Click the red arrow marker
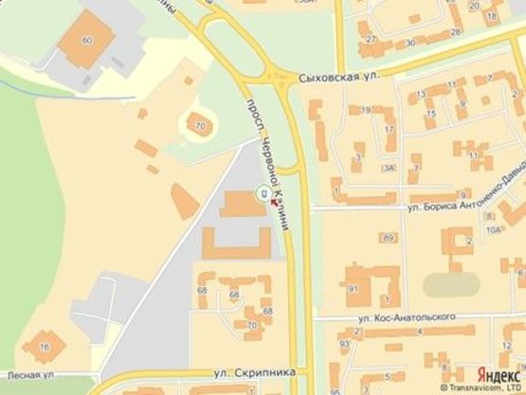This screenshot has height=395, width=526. click(x=275, y=199)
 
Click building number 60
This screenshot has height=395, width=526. click(x=88, y=40)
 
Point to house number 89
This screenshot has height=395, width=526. click(x=389, y=237)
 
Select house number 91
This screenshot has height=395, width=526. click(x=354, y=288)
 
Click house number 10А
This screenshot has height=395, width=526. click(x=492, y=230)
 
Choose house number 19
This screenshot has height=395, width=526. click(x=365, y=110)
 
